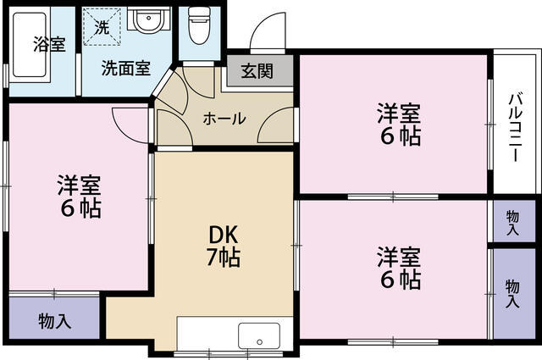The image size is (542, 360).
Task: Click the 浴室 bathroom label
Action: point(49,45)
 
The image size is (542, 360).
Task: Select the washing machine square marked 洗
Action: point(102,27)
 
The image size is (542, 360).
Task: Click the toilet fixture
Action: point(198,26)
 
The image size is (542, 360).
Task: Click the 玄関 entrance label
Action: point(256,71)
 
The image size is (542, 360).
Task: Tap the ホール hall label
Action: point(224,118)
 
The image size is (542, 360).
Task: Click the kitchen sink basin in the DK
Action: point(259,335)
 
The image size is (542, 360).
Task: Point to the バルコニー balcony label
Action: point(514,122)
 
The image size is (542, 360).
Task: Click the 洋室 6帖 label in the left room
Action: point(79,196)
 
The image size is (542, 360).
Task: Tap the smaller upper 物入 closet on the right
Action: point(513,223)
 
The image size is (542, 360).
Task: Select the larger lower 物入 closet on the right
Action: point(513,292)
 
